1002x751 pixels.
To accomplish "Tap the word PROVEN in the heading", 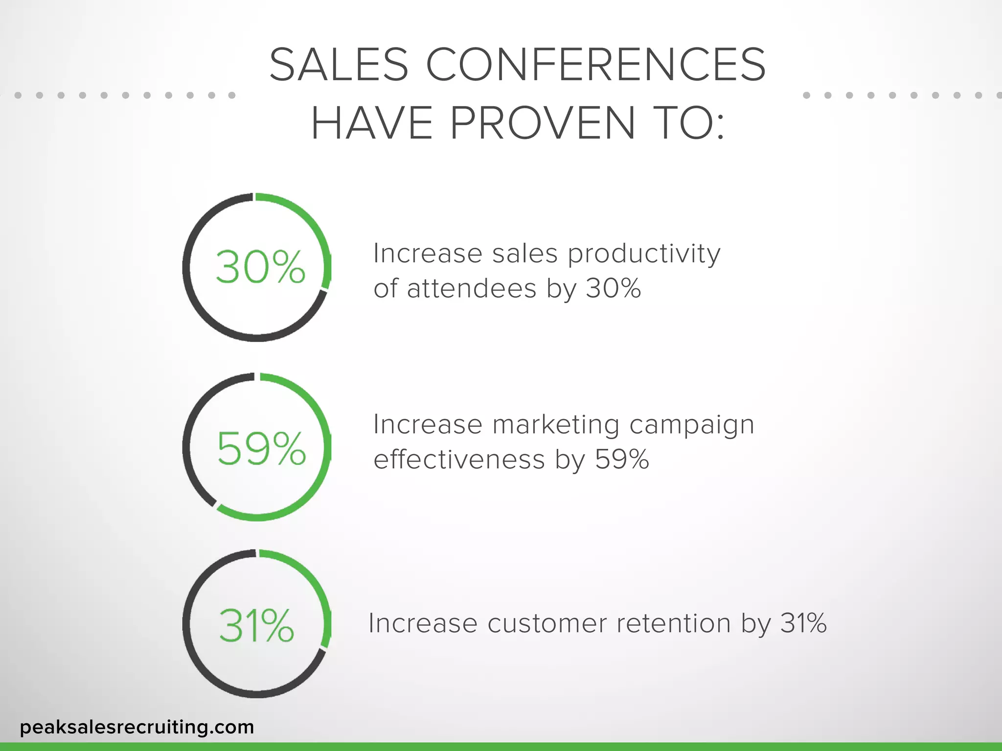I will [542, 123].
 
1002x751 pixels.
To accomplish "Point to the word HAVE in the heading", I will [372, 123].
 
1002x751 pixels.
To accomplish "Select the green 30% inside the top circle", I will [260, 267].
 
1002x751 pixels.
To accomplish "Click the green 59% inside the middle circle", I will [261, 448].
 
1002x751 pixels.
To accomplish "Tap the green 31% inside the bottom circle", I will [256, 625].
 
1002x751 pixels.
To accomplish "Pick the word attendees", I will [472, 288].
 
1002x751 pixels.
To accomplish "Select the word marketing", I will [556, 424].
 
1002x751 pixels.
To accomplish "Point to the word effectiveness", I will [459, 460].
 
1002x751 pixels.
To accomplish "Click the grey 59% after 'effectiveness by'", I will [621, 460].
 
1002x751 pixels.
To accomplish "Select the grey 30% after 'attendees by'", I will [614, 288].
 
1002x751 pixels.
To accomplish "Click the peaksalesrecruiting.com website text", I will [137, 727].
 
